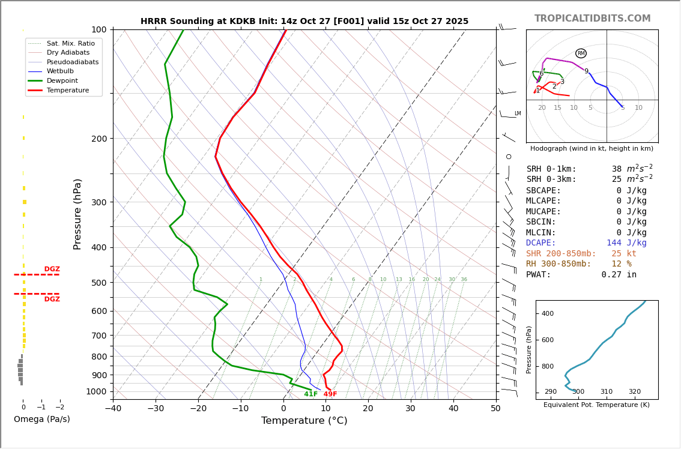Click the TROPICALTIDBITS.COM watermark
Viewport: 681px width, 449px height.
pos(592,19)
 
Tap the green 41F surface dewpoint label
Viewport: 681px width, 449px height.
pos(310,394)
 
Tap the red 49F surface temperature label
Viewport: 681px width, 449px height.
pos(330,394)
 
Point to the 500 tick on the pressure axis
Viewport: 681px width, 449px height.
pos(98,283)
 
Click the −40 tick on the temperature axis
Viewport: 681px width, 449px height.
pos(113,409)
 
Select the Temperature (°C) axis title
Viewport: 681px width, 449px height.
pos(304,421)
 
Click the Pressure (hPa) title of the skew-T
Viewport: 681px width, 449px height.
pos(77,214)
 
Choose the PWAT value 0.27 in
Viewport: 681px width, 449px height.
pos(619,275)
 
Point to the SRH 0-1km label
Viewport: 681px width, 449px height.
pos(551,169)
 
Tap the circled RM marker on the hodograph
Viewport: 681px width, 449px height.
pos(581,53)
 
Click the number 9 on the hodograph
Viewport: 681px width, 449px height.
pos(586,71)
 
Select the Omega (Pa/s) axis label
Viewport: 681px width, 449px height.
pos(42,419)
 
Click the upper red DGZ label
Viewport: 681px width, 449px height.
pos(52,270)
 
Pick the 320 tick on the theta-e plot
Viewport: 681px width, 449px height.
pos(634,392)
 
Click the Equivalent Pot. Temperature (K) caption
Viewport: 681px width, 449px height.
pos(596,405)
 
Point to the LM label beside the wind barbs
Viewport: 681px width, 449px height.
pos(517,113)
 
